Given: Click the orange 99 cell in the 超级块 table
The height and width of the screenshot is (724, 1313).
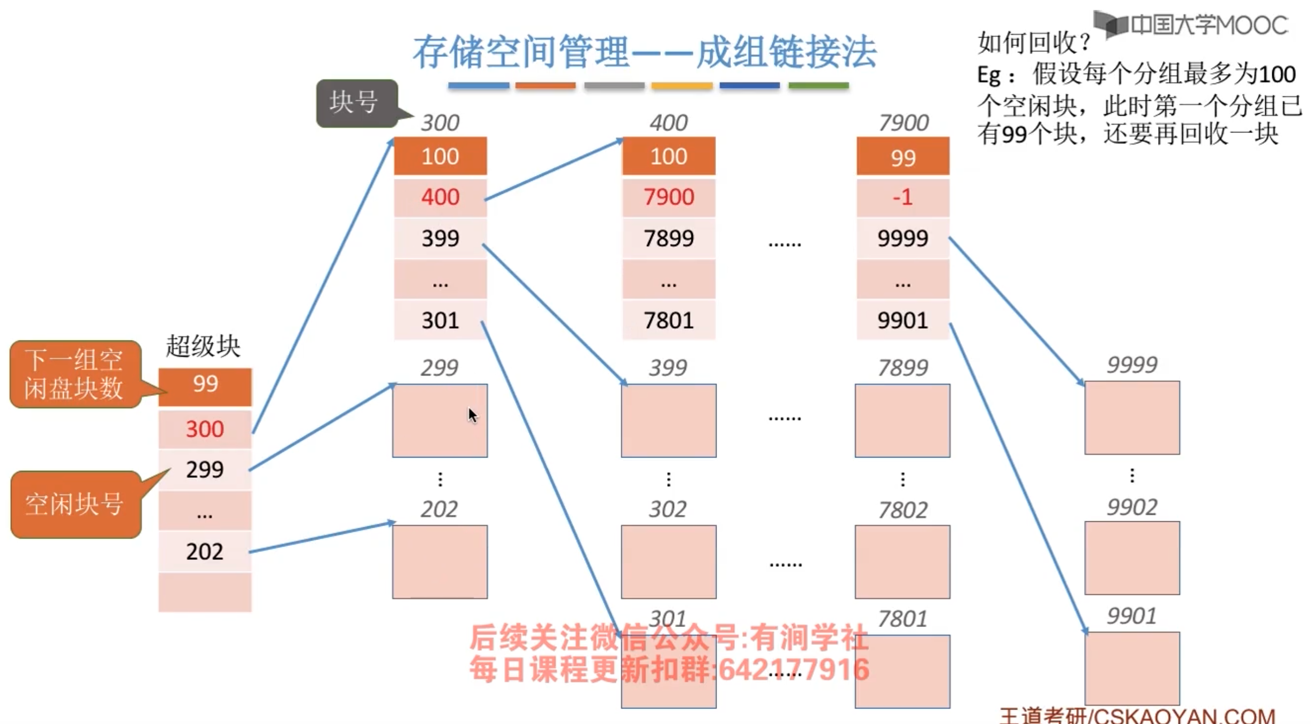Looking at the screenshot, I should (x=205, y=385).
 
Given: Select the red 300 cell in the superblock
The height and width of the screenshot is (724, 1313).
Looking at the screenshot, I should (x=205, y=429).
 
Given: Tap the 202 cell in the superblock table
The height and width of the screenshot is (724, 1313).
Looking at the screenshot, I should (x=205, y=551).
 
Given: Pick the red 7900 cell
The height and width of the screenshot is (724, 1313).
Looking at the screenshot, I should (x=668, y=197).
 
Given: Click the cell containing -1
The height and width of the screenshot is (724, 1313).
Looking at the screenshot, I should (x=902, y=197).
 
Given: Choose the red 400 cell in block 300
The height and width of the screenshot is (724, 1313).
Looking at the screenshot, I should (x=440, y=197).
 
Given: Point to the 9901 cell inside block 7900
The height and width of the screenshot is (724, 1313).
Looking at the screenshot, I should (x=902, y=321).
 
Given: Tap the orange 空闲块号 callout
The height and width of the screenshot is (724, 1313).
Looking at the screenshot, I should (x=75, y=504).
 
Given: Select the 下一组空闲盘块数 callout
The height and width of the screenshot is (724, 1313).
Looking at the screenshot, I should (x=75, y=374).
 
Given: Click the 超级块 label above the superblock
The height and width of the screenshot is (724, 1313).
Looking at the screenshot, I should (x=203, y=346).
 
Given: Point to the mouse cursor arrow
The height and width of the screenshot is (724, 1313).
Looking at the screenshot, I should (x=472, y=416).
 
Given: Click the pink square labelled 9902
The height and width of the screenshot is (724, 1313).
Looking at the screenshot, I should (x=1132, y=558).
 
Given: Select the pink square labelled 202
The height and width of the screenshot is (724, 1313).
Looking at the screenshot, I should (x=440, y=562).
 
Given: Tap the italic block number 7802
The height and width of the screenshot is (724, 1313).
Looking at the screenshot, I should (x=902, y=510).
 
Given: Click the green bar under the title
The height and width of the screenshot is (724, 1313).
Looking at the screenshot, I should (x=818, y=85).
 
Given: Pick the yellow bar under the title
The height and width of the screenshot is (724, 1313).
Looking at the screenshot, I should (x=682, y=85).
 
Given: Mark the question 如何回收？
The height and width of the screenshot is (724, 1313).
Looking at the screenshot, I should (x=1033, y=43).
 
